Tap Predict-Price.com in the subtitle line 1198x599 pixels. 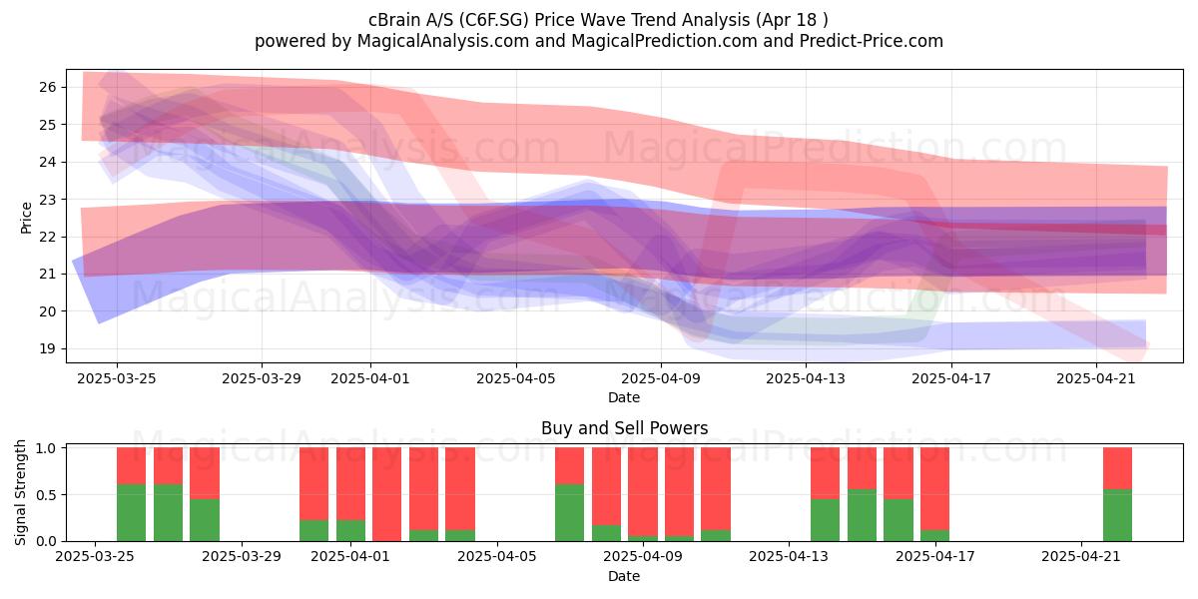coord(872,41)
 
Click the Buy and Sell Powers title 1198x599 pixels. coord(624,428)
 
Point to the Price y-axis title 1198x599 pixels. coord(26,219)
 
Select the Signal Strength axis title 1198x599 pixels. coord(20,492)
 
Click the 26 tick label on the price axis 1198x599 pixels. coord(48,87)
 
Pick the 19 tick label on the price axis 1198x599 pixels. coord(48,348)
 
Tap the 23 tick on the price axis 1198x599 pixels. coord(48,200)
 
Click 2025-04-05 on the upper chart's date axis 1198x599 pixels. coord(516,378)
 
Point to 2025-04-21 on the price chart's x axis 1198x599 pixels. coord(1096,378)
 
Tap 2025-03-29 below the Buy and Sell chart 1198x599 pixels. coord(242,556)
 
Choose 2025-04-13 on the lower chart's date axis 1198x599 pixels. coord(789,556)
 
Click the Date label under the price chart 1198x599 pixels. coord(624,397)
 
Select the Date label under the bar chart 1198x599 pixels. coord(624,576)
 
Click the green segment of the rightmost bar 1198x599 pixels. coord(1117,515)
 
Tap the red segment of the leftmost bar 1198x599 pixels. coord(131,466)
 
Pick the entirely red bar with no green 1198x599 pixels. coord(386,494)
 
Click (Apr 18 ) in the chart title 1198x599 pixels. coord(792,20)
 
